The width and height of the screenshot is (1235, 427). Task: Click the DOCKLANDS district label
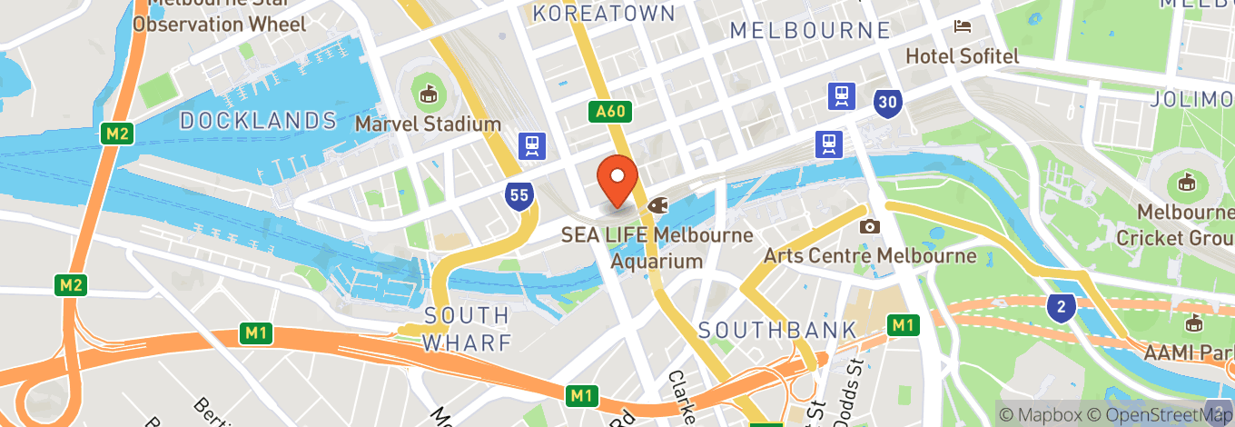point(258,120)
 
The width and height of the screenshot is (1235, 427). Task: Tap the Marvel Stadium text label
point(428,123)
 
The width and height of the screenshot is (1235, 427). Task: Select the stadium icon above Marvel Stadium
point(428,93)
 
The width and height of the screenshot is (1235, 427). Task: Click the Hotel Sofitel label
point(963,55)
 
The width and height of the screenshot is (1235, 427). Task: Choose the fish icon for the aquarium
point(656,206)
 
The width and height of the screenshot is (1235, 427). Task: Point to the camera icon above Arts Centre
point(870,226)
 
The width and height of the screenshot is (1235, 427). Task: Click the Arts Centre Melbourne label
point(869,255)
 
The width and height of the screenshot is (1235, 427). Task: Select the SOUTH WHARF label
point(467,329)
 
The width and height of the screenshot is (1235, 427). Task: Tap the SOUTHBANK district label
point(776,330)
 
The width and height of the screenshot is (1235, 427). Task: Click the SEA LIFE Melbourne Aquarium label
point(657,248)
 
